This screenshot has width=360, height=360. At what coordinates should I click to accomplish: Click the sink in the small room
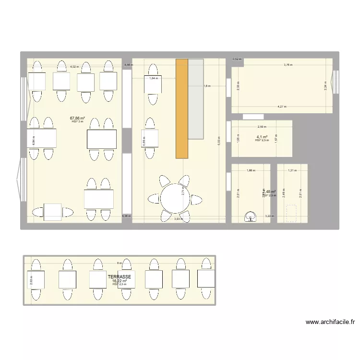point(250,217)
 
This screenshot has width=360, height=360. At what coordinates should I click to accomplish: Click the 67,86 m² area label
point(77,118)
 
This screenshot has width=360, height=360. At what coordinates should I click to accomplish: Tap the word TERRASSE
point(120,277)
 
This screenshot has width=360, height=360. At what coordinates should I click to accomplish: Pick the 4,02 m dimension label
point(74,67)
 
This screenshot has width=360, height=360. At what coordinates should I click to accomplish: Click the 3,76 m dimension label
point(288,64)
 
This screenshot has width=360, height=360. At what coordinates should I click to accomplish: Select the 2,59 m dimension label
point(262,127)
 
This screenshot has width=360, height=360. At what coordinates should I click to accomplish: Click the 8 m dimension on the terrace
point(120,263)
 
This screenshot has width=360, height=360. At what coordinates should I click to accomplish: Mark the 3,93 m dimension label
point(178,219)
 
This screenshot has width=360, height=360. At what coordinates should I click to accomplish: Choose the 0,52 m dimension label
point(237,59)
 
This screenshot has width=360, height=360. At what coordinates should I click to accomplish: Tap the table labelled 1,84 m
point(153,79)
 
